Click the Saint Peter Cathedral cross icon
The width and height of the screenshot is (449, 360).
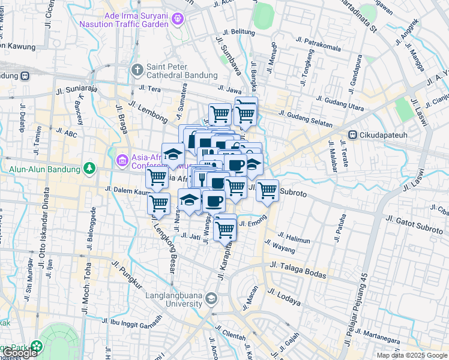tap(137, 70)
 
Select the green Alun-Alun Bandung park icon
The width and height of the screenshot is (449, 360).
tap(89, 168)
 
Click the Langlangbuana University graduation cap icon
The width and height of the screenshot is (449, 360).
tap(211, 298)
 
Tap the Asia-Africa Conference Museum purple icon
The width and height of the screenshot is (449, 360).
tap(122, 160)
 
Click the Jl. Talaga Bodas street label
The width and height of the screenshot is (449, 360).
tap(298, 269)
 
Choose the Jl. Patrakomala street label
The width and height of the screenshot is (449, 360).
tap(318, 44)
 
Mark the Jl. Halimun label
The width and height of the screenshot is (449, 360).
tap(294, 239)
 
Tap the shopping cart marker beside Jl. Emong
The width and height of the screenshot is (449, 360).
tap(224, 228)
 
